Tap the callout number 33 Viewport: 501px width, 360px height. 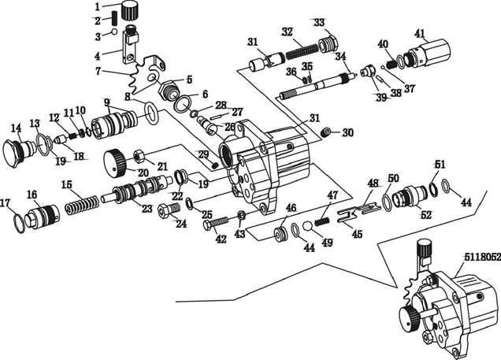pos(319,21)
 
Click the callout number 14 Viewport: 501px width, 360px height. pos(16,128)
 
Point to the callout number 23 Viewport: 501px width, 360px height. pos(146,209)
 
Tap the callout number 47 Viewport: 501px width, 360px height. pos(332,195)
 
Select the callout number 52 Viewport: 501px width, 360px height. pos(426,214)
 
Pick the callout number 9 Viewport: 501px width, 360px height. pos(106,102)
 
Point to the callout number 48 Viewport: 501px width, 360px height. pos(373,184)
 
